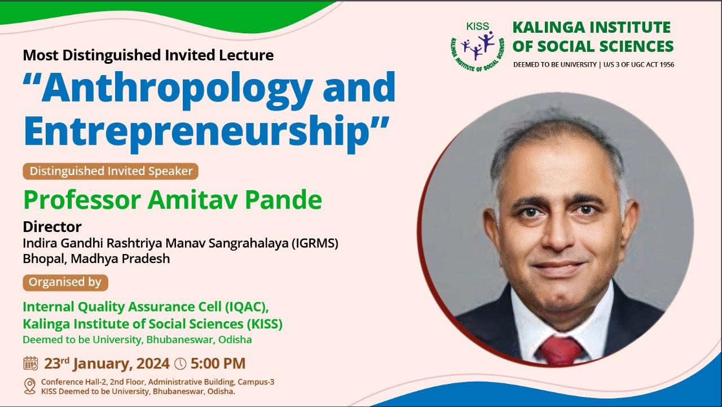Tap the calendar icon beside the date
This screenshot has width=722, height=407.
[x=30, y=364]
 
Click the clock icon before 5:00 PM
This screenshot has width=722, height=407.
[x=180, y=364]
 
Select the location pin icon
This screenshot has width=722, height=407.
[x=30, y=386]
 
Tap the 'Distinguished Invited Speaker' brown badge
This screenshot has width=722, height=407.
[x=111, y=171]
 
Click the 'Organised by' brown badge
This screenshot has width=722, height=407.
[x=65, y=282]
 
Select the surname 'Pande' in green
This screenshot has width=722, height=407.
[x=284, y=200]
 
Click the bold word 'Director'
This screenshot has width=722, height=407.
[x=52, y=227]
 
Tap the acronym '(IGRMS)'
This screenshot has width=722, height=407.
[x=315, y=243]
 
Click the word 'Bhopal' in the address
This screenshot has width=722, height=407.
[x=45, y=259]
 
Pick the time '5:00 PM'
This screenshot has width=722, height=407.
[x=218, y=364]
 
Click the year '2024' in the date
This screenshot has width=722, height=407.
[x=153, y=364]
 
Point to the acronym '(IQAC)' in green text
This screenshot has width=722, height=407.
[x=247, y=307]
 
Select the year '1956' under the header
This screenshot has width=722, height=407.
[x=667, y=65]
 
